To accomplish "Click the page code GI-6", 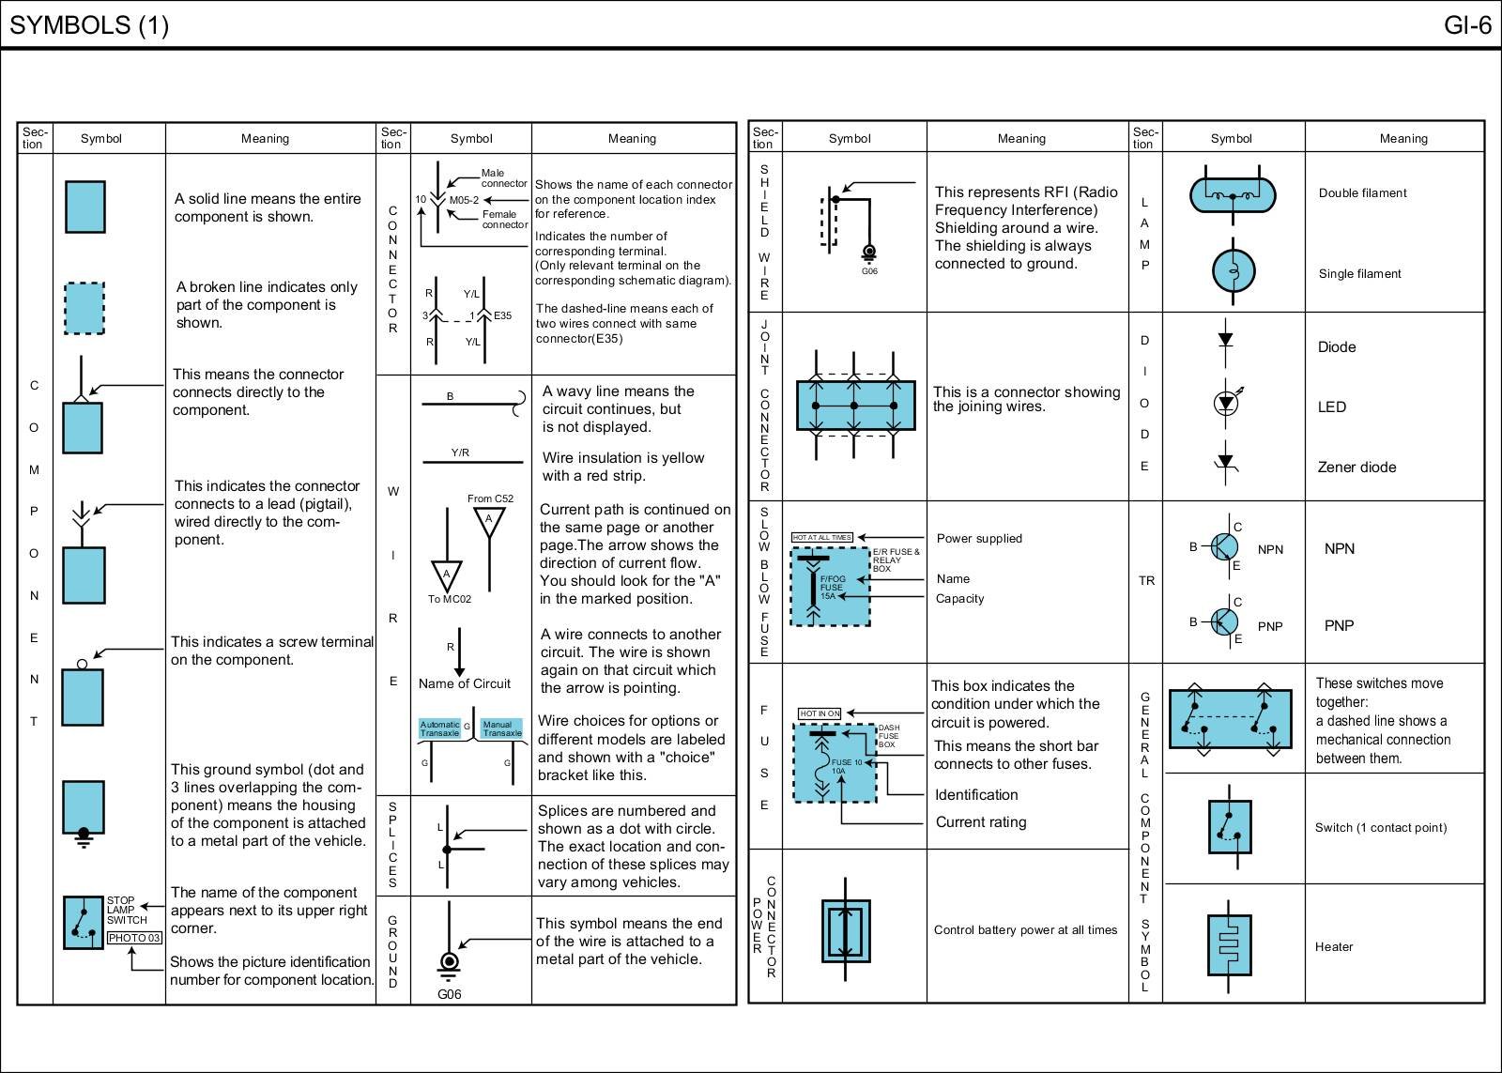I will coord(1467,25).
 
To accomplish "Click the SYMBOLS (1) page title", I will coord(89,25).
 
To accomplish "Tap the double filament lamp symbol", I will coord(1232,195).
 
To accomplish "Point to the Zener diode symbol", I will coord(1225,465).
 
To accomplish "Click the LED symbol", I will coord(1225,404).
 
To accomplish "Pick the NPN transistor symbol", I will coord(1224,546).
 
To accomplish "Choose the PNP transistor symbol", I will coord(1224,621).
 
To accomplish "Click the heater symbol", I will coord(1229,945).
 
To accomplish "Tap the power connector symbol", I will coord(847,930).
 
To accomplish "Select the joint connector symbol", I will coord(855,406).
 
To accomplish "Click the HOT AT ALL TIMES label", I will coord(822,538).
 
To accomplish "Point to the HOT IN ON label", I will coord(820,713).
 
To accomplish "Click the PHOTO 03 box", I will coord(134,938).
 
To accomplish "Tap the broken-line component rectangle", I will coord(84,308).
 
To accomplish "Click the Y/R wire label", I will coord(460,452).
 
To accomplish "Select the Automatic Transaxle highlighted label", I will coord(439,728).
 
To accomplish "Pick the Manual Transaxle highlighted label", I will coord(501,728).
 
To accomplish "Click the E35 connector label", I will coord(503,315).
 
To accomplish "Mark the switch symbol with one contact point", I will coord(1229,827).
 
